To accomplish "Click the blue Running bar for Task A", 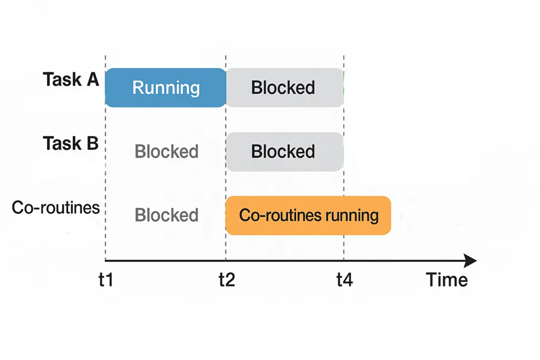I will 165,87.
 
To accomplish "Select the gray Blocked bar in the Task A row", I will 285,87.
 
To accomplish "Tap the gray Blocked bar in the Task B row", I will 285,152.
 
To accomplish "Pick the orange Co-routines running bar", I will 308,215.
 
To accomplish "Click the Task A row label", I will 71,80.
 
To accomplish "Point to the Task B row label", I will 71,143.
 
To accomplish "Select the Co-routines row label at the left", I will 56,207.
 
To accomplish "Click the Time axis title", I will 446,280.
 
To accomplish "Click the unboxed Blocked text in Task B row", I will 166,152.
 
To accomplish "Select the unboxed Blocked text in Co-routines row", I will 166,215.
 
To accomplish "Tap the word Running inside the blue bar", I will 166,88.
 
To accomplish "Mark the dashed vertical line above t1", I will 106,172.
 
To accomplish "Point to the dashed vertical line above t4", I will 343,184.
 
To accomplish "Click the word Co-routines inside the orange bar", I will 272,215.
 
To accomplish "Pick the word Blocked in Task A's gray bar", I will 283,88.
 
